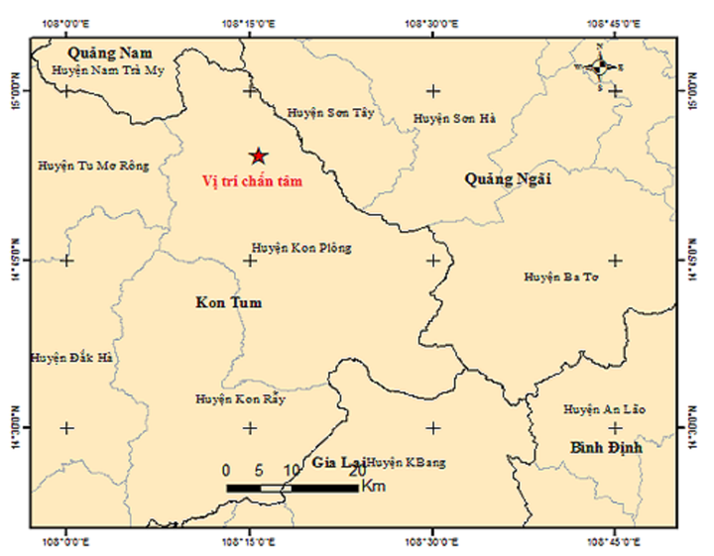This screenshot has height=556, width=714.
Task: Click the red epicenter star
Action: point(258,156)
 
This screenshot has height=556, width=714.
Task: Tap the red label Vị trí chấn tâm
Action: point(251,181)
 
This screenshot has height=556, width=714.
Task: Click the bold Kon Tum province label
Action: point(229,302)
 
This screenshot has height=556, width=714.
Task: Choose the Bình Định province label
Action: point(607,448)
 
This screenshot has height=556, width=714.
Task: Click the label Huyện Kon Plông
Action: point(301,248)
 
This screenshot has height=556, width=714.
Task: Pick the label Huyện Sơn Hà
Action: point(454,119)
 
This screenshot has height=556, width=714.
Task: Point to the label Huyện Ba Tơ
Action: point(561,278)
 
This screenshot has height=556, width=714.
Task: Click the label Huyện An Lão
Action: point(602,409)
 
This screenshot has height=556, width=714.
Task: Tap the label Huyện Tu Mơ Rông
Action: point(93,166)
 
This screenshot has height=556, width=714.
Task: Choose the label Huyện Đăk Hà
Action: point(71,358)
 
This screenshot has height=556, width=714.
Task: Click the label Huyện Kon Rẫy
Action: point(240,399)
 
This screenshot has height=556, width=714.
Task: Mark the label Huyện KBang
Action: point(407,462)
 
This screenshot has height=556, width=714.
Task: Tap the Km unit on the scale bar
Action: point(374,487)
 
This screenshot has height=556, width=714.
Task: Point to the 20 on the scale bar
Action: point(355,471)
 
